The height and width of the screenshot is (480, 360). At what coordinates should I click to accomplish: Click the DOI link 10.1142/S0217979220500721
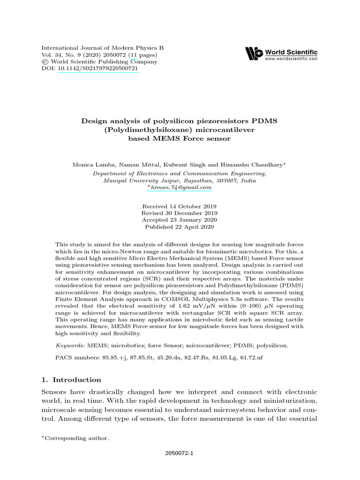click(x=97, y=68)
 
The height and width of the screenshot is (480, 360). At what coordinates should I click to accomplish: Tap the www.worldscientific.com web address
click(x=291, y=59)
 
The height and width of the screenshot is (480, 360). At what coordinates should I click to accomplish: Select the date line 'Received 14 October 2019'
click(x=180, y=206)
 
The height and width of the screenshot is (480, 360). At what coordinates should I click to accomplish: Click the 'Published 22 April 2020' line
click(x=180, y=227)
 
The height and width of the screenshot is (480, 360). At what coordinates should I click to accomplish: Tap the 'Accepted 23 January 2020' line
click(x=180, y=220)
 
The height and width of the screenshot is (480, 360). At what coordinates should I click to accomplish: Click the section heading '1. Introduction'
click(x=71, y=380)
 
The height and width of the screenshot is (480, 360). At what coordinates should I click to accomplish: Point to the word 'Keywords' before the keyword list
click(x=69, y=345)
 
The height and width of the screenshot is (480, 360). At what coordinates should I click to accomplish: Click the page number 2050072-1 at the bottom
click(x=180, y=454)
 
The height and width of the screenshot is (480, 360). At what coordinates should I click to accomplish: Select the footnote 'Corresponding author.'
click(x=77, y=438)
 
